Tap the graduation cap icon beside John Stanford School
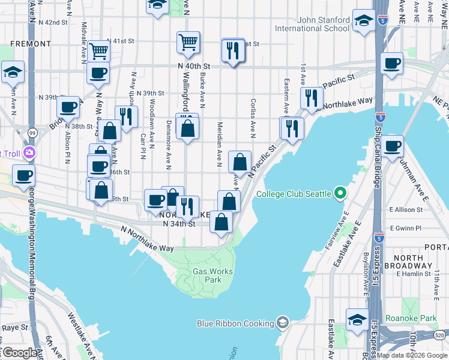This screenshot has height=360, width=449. pyautogui.click(x=363, y=20)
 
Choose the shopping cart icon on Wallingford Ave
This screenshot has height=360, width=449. pyautogui.click(x=188, y=43)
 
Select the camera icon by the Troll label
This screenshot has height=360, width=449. pyautogui.click(x=29, y=153)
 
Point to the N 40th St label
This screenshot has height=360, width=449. pyautogui.click(x=193, y=66)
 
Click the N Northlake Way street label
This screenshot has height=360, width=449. pyautogui.click(x=147, y=239)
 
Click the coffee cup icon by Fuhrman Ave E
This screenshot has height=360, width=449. pyautogui.click(x=393, y=146)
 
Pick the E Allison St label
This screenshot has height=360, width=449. pyautogui.click(x=405, y=209)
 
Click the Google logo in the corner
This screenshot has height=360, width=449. pyautogui.click(x=19, y=353)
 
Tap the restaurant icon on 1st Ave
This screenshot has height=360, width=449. pyautogui.click(x=311, y=97)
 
